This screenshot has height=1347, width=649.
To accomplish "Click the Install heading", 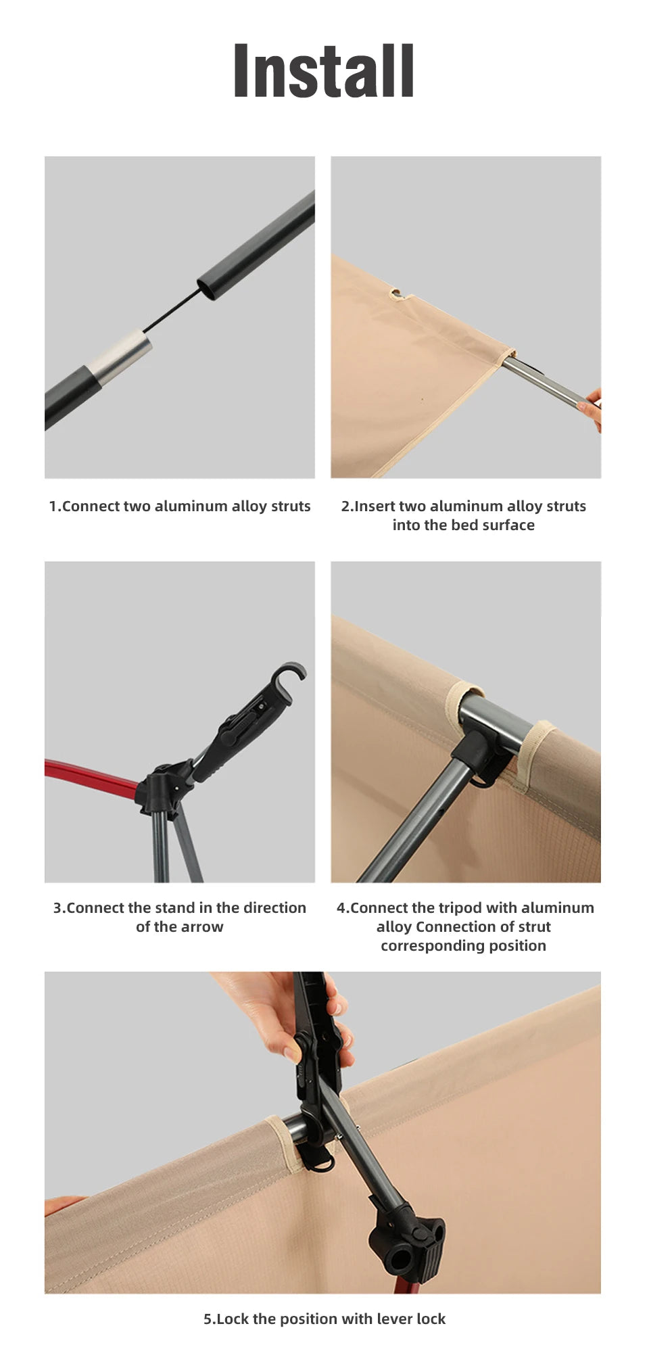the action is click(323, 70).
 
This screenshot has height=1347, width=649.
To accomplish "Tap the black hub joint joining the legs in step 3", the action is click(162, 787).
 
